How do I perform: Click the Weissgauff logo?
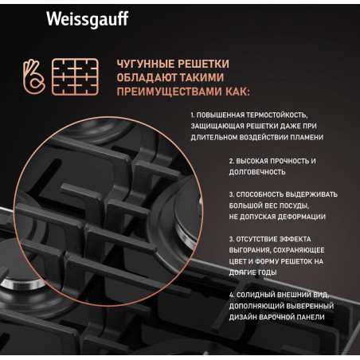(88, 19)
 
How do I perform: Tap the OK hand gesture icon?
(33, 76)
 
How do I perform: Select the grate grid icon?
(75, 76)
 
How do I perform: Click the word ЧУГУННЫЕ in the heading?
(146, 64)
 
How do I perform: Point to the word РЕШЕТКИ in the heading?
(203, 64)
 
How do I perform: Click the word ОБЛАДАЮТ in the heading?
(147, 78)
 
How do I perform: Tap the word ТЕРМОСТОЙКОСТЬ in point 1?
(277, 115)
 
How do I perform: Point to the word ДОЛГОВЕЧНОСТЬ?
(257, 172)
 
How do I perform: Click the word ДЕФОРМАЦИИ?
(301, 217)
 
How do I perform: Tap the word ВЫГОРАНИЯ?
(249, 250)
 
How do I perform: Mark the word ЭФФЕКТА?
(295, 239)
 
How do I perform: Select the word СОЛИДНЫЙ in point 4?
(256, 295)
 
